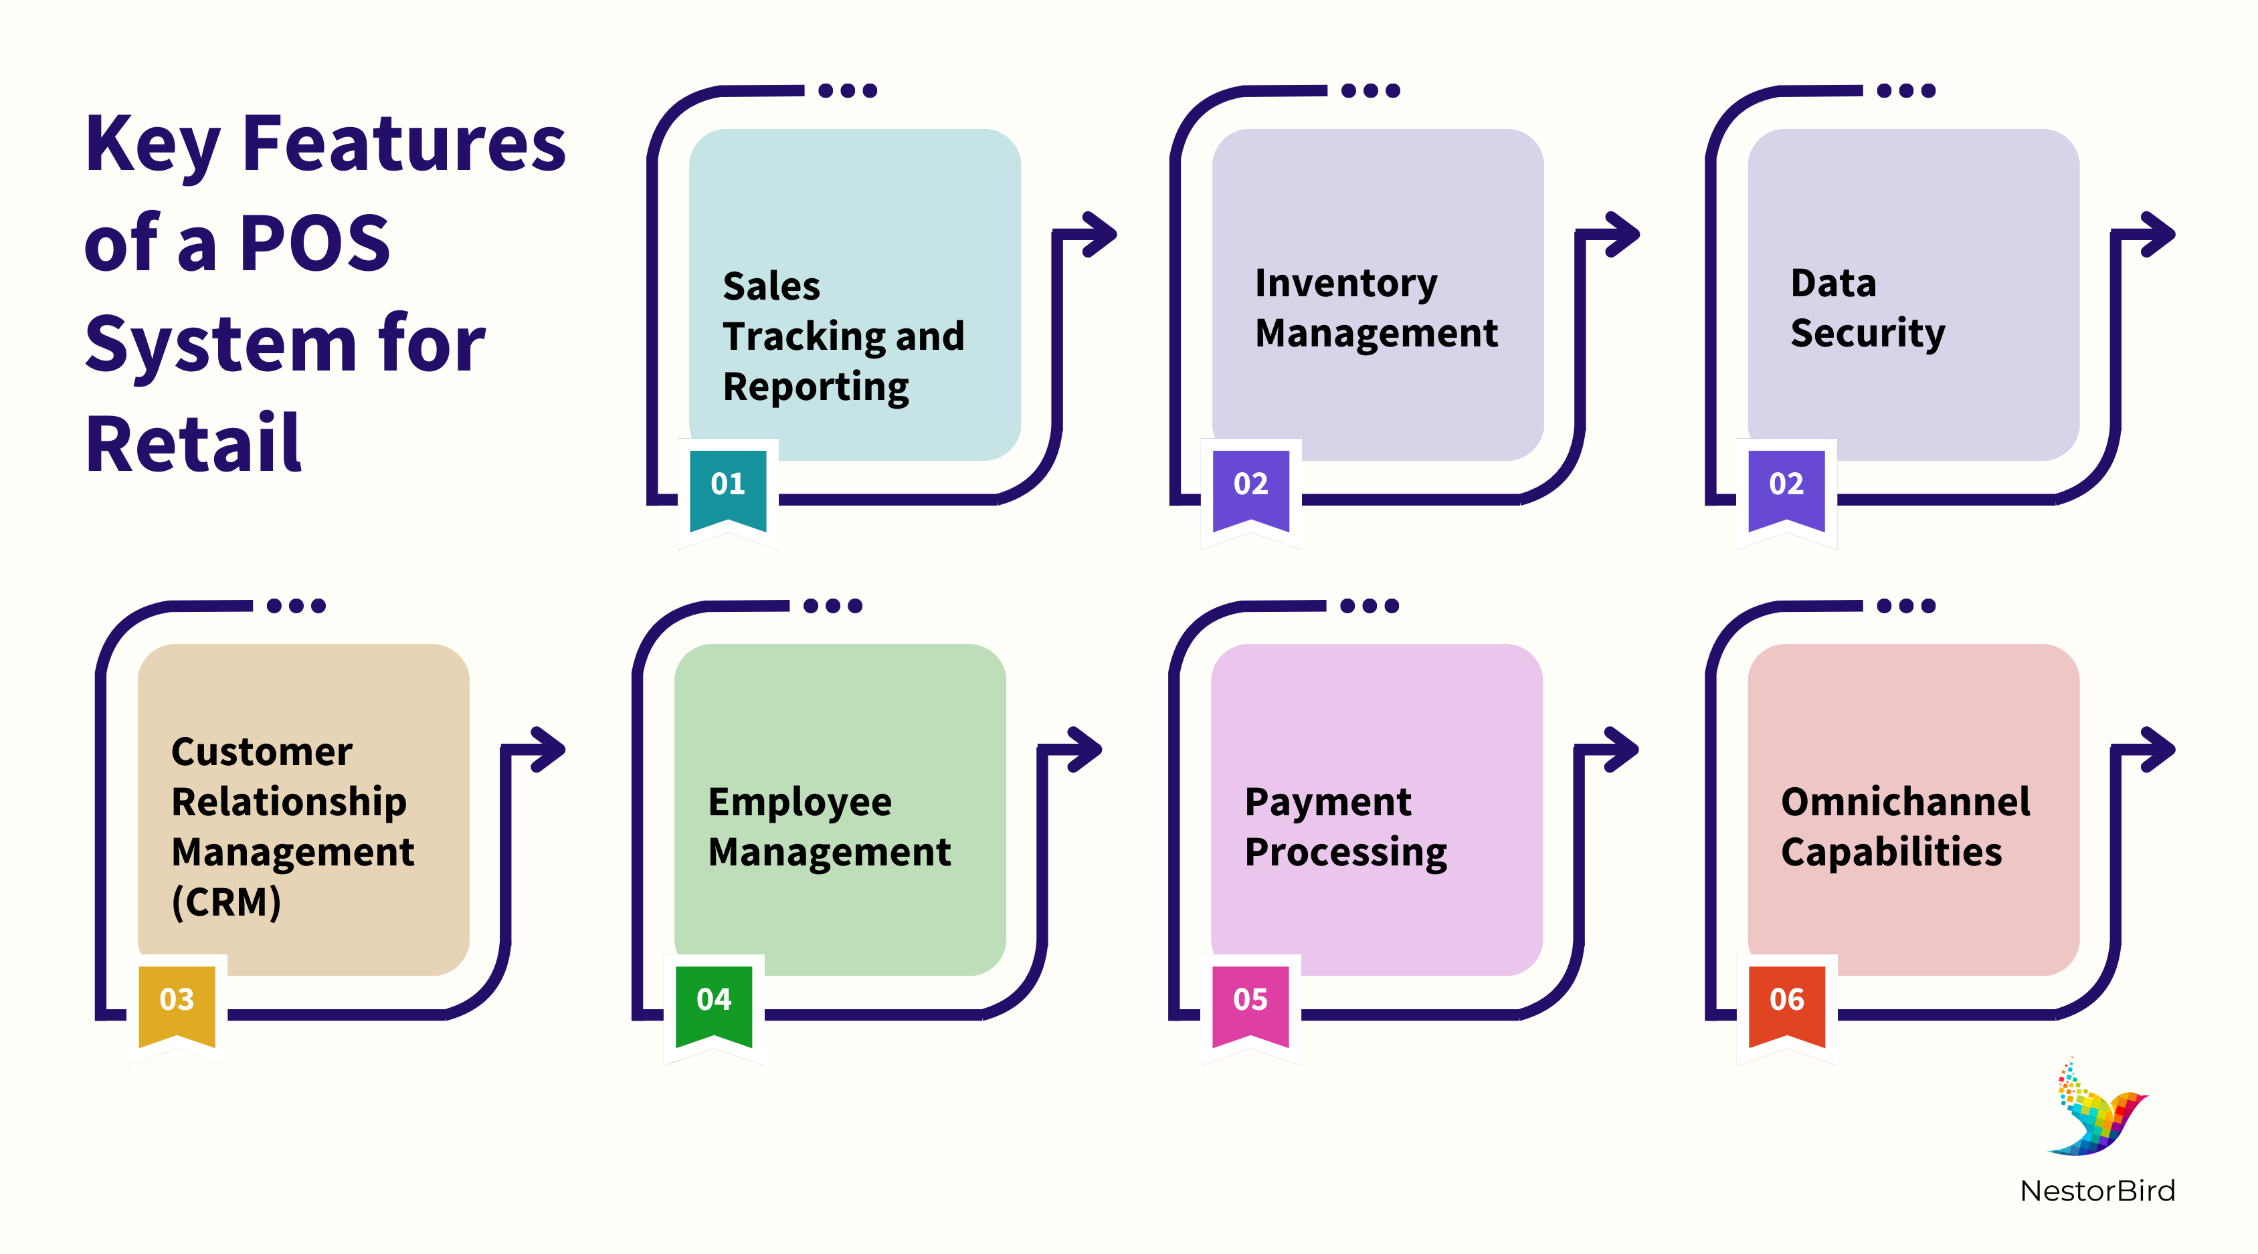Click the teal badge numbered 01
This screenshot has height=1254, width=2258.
[x=727, y=488]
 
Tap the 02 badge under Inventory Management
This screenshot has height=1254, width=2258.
[x=1251, y=488]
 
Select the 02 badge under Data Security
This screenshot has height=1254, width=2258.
[x=1786, y=488]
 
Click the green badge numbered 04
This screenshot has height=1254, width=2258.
[x=713, y=1003]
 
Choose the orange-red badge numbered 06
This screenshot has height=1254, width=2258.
[x=1786, y=1003]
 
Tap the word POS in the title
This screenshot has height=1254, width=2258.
[x=314, y=243]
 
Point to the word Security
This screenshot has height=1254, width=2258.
[x=1867, y=334]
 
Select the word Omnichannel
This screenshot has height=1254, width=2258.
[x=1905, y=802]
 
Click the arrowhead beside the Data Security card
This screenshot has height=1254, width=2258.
[x=2156, y=234]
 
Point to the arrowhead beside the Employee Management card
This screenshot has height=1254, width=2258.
[x=1083, y=749]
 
